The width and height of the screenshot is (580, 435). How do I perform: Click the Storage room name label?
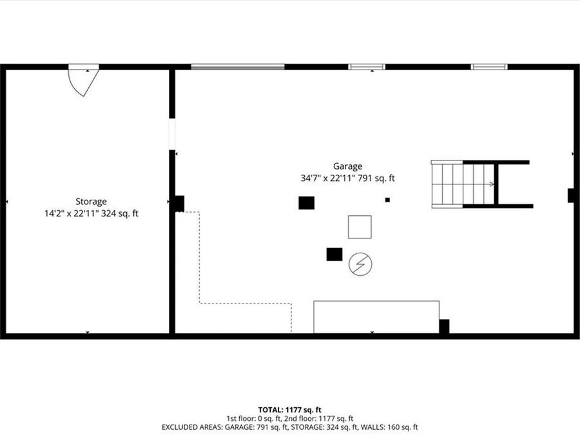[x=90, y=201]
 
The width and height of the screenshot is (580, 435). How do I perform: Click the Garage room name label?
[x=347, y=166]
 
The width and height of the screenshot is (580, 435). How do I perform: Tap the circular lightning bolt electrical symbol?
[x=360, y=264]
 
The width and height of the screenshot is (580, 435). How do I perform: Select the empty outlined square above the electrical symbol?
[x=360, y=227]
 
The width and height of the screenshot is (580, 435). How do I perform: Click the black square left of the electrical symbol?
[x=334, y=254]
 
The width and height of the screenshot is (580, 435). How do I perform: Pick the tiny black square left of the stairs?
[x=387, y=200]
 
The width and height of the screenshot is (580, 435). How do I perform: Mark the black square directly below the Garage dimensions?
[x=307, y=202]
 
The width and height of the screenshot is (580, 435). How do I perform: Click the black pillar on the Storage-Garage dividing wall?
[x=178, y=204]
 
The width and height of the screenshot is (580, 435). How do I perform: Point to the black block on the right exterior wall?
[x=571, y=195]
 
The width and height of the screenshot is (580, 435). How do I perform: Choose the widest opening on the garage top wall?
[x=238, y=66]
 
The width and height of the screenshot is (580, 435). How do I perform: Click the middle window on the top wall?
[x=367, y=66]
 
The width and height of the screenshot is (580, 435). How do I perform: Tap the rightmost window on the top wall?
[x=489, y=66]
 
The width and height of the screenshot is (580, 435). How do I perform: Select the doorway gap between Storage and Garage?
[x=172, y=134]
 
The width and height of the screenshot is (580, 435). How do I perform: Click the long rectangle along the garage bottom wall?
[x=376, y=316]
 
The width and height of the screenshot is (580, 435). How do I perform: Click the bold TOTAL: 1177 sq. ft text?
[x=289, y=409]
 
